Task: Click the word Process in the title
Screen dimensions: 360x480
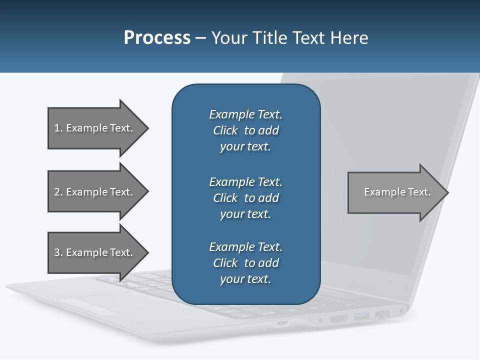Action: coord(157,38)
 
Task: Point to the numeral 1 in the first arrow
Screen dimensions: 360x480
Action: coord(57,128)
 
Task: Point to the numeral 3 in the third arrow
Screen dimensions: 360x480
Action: coord(57,252)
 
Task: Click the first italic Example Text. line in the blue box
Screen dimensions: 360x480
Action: coord(245,114)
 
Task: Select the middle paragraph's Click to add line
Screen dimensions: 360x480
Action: coord(245,198)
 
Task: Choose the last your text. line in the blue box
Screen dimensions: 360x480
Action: coord(245,279)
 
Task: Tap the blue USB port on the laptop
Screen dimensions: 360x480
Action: coord(361,316)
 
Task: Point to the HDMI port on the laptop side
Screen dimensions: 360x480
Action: coord(339,318)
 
